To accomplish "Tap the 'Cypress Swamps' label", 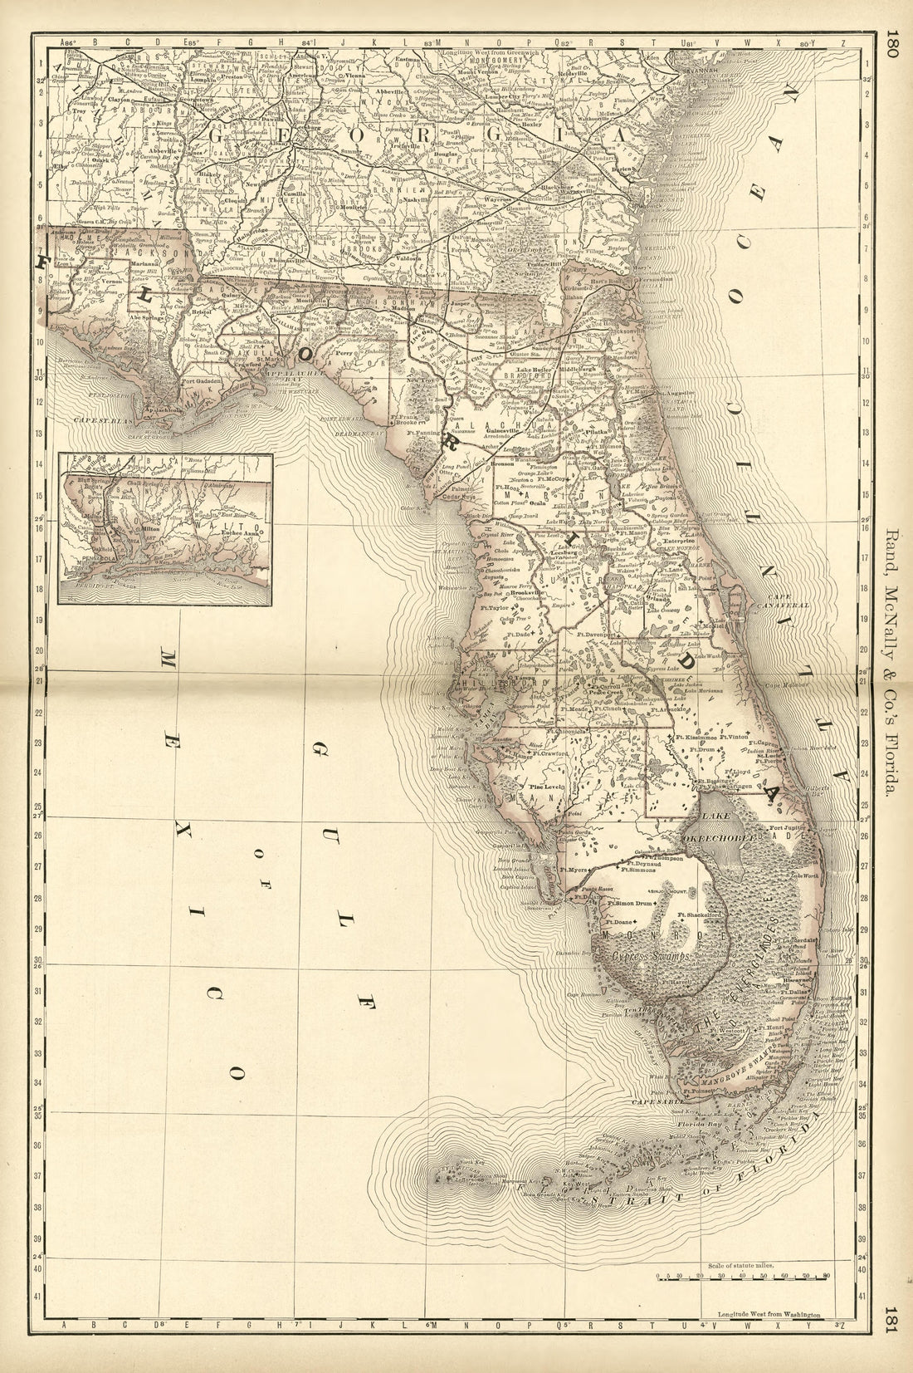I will click(x=651, y=959).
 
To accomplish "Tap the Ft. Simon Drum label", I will click(x=630, y=902).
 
